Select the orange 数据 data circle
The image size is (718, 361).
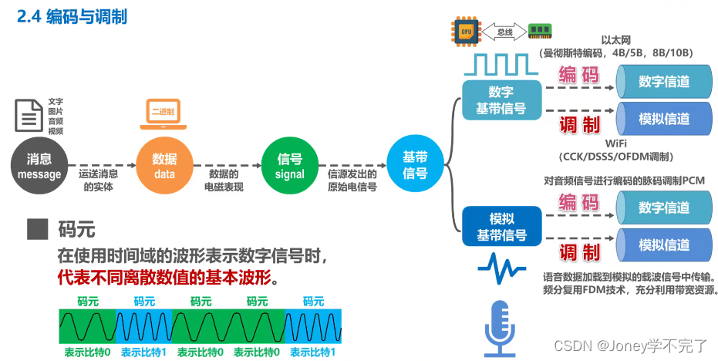click(163, 167)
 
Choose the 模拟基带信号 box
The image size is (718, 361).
click(501, 227)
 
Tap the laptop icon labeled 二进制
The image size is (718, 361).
click(163, 114)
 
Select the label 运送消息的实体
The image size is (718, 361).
click(99, 180)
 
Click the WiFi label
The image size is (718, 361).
click(615, 143)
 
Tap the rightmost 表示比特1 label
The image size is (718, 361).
click(313, 352)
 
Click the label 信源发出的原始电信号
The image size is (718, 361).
click(352, 180)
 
